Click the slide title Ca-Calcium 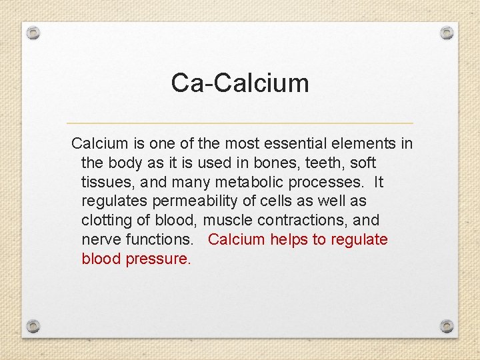(x=240, y=83)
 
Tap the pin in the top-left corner (x=34, y=32)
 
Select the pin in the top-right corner (x=447, y=32)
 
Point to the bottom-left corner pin (x=34, y=326)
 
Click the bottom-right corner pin (x=447, y=326)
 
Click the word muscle (x=225, y=221)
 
